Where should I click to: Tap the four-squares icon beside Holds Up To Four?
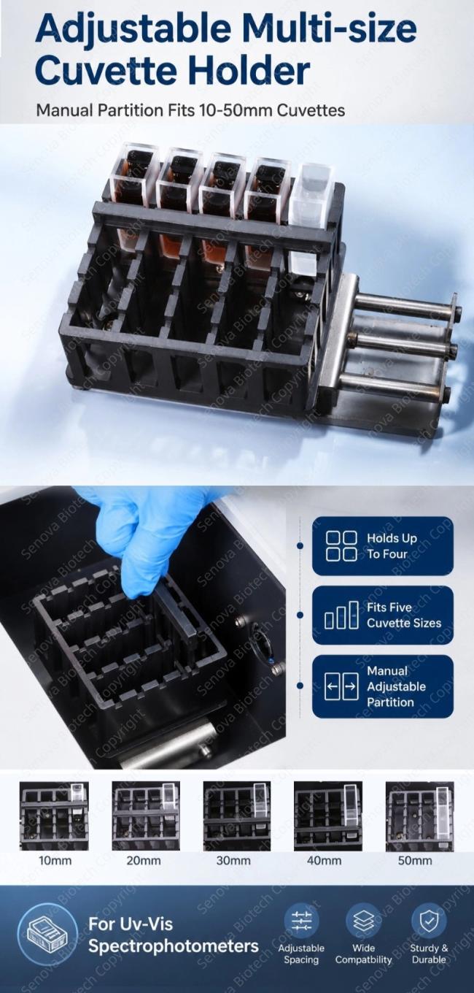click(341, 545)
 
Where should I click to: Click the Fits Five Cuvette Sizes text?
click(404, 615)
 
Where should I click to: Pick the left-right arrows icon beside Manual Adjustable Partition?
click(341, 686)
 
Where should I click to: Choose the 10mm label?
click(55, 860)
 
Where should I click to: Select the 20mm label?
click(144, 860)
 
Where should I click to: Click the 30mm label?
click(233, 860)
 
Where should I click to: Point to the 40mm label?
click(325, 860)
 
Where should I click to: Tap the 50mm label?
click(415, 860)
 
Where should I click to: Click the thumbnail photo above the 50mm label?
click(419, 816)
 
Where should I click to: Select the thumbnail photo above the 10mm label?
click(54, 816)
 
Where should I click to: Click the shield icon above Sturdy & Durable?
click(428, 921)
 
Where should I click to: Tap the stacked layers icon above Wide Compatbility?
click(363, 921)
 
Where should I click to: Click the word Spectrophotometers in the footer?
click(173, 946)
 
